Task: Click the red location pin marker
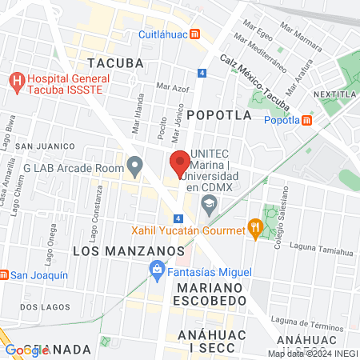[180, 164]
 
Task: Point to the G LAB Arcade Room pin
[135, 168]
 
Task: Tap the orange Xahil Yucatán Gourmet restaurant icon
[255, 230]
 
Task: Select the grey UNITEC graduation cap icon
[210, 206]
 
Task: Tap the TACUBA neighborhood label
[115, 62]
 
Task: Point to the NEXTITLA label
[335, 94]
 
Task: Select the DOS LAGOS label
[41, 306]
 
